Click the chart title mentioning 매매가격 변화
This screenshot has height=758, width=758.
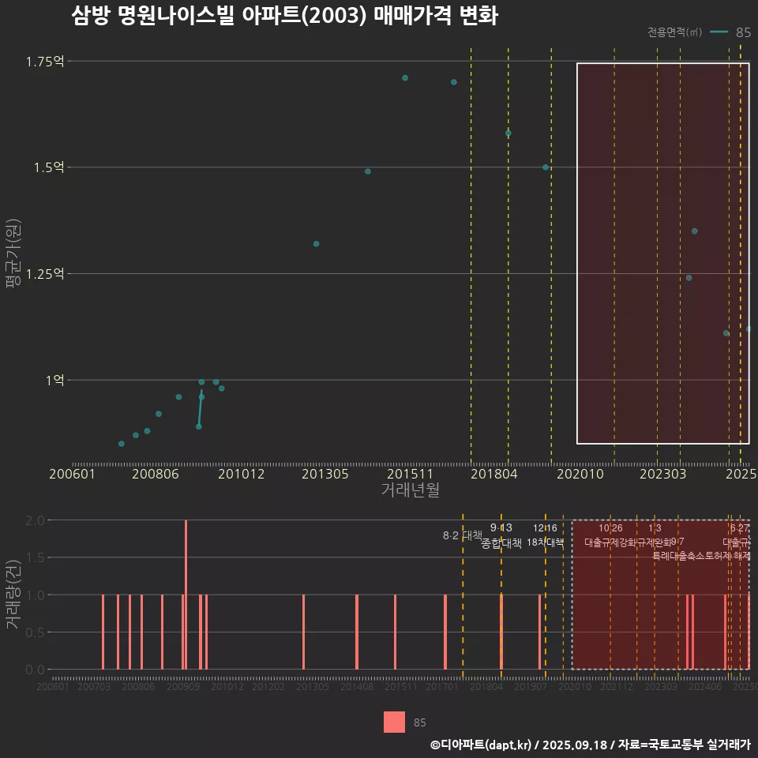(284, 16)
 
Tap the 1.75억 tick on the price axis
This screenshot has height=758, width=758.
(45, 62)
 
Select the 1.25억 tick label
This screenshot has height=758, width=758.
(45, 274)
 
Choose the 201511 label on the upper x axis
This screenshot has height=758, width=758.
(409, 475)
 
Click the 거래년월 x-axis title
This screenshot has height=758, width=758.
(410, 490)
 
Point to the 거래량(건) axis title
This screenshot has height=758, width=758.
(13, 595)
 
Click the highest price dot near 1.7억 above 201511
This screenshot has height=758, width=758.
(405, 77)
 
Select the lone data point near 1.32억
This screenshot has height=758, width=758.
(316, 244)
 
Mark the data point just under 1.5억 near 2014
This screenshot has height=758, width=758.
(368, 171)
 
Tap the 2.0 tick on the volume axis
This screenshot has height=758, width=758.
(35, 520)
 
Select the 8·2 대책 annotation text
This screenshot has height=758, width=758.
(463, 535)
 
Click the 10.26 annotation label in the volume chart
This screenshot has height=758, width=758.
(610, 528)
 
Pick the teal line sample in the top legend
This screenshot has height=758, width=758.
(719, 32)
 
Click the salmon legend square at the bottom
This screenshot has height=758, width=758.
(394, 722)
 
